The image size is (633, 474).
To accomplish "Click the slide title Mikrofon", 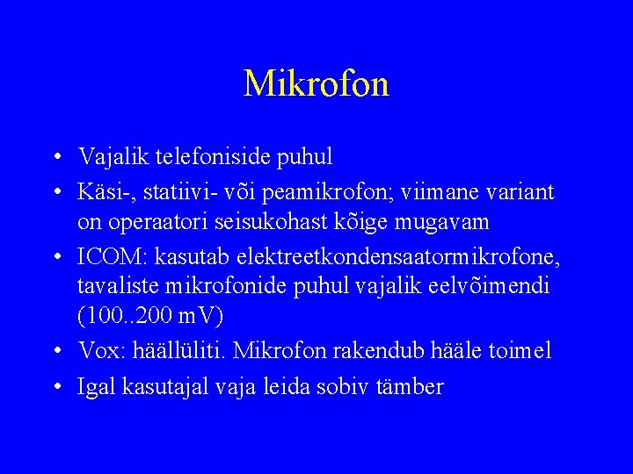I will [316, 84].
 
